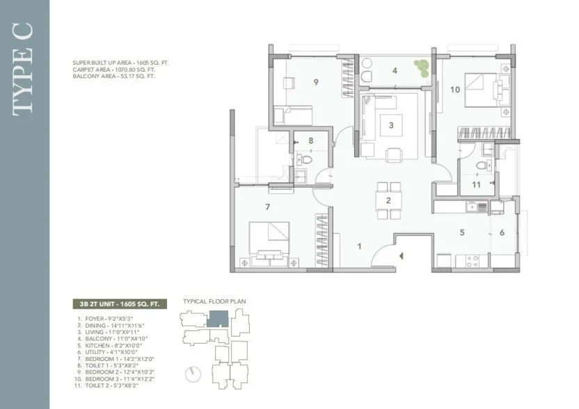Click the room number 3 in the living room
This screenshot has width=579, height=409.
pos(391,126)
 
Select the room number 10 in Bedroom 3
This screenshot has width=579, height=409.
pos(454,89)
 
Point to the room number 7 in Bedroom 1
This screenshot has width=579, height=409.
pos(267,207)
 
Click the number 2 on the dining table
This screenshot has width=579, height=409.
pos(389,202)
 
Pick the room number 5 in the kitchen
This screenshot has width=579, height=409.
pos(461,233)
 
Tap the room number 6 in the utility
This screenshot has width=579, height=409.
pos(501,233)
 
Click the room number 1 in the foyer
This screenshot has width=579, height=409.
pos(360,246)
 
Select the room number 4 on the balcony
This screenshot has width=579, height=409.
pos(395,70)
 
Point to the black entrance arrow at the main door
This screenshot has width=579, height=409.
pos(402,257)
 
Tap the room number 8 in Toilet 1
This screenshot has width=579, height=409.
pos(310,141)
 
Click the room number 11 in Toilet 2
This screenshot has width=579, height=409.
pos(476,185)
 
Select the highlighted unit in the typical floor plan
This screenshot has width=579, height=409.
pos(218,319)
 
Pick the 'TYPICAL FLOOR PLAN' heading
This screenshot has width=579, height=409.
pos(214,302)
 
